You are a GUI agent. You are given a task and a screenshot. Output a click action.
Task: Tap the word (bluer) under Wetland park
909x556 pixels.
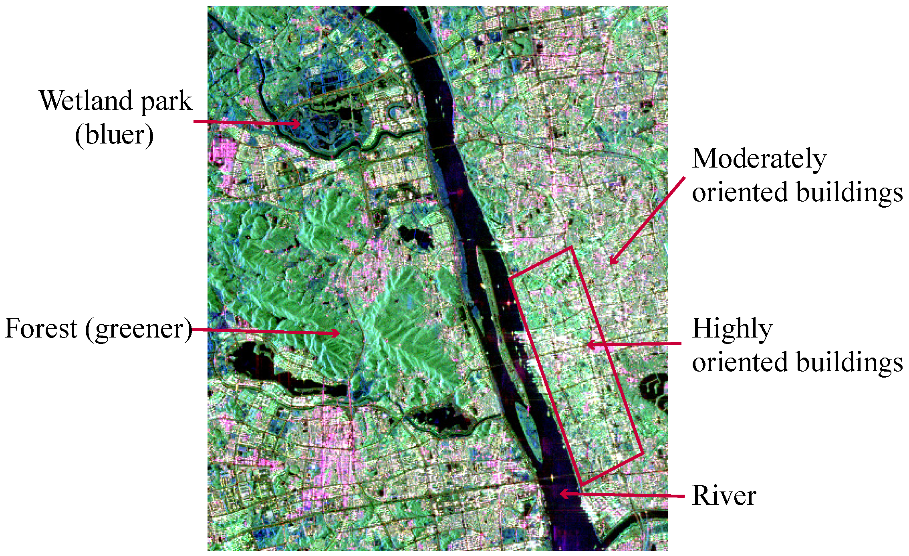114,135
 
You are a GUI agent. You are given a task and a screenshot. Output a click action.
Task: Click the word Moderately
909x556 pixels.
759,159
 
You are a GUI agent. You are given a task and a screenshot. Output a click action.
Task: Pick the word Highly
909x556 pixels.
732,329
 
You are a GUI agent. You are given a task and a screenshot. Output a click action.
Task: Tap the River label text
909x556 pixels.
724,496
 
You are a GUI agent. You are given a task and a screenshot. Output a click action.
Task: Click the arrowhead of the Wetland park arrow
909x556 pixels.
298,123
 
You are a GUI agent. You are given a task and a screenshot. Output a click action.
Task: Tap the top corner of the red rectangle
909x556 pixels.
571,248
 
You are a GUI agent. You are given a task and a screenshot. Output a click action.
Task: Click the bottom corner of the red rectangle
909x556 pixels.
581,485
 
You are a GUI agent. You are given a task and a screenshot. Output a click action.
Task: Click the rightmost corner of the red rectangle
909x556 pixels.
643,454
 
